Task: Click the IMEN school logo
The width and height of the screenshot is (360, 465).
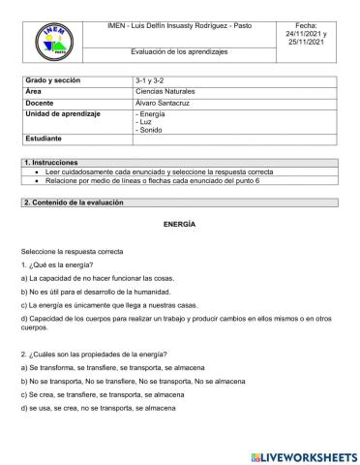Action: coord(52,42)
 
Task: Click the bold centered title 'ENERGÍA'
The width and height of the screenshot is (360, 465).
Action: coord(179,224)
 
